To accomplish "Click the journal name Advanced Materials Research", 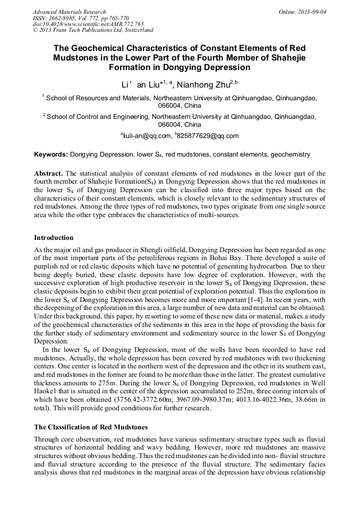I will click(70, 11).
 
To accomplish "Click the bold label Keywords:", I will click(50, 154).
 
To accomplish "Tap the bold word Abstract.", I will click(48, 174).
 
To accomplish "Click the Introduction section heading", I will click(54, 237).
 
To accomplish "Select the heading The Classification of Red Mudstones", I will click(91, 427).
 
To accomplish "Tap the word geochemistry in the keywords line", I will click(290, 154).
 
